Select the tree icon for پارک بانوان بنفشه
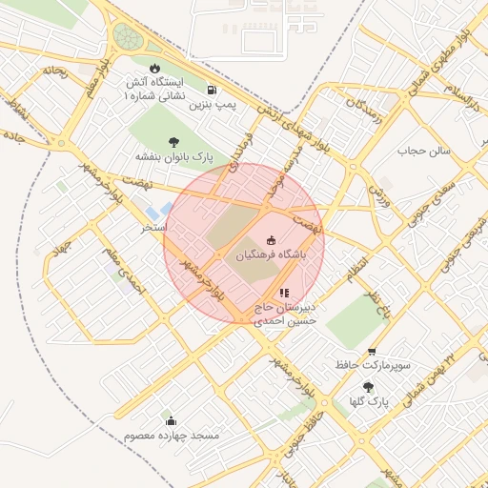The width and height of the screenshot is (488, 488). (173, 141)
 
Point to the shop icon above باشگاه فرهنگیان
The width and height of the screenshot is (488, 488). (272, 240)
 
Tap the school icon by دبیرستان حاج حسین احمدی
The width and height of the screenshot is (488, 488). (283, 293)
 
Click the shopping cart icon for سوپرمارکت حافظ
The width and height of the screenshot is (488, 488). (371, 352)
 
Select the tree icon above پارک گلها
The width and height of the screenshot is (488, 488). (369, 387)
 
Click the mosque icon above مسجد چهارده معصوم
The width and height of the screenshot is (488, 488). (171, 420)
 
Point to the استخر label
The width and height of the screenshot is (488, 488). (153, 228)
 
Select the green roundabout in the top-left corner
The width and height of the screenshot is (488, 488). (126, 38)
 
